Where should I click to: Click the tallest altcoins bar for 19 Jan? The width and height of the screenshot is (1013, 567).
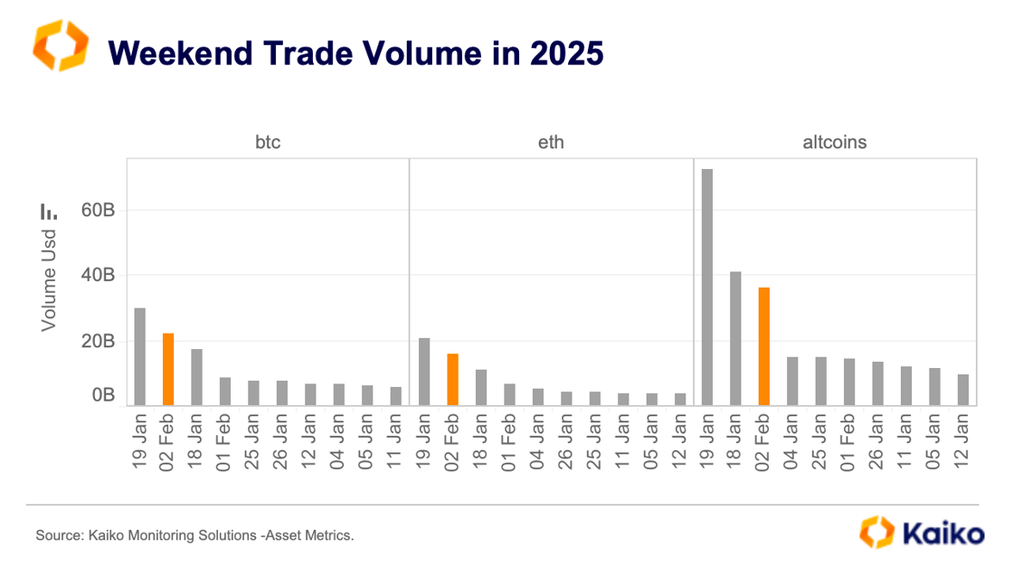click(707, 287)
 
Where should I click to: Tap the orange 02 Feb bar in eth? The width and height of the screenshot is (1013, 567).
click(452, 379)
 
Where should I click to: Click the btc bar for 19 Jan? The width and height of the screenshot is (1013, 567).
click(140, 356)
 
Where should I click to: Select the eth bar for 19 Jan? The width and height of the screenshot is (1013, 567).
click(424, 371)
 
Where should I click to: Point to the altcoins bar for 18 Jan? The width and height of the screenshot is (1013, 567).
click(735, 338)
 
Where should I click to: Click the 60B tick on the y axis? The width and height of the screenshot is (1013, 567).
click(96, 210)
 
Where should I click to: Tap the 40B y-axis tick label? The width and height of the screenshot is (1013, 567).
click(96, 275)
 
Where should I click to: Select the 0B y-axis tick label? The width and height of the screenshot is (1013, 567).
click(101, 395)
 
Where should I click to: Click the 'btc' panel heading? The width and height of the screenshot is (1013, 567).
click(268, 142)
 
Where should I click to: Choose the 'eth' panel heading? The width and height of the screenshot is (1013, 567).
click(551, 142)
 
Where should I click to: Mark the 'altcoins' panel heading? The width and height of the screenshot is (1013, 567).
click(835, 142)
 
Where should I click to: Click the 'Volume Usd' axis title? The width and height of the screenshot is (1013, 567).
click(49, 279)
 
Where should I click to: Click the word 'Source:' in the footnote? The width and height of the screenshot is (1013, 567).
click(59, 536)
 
